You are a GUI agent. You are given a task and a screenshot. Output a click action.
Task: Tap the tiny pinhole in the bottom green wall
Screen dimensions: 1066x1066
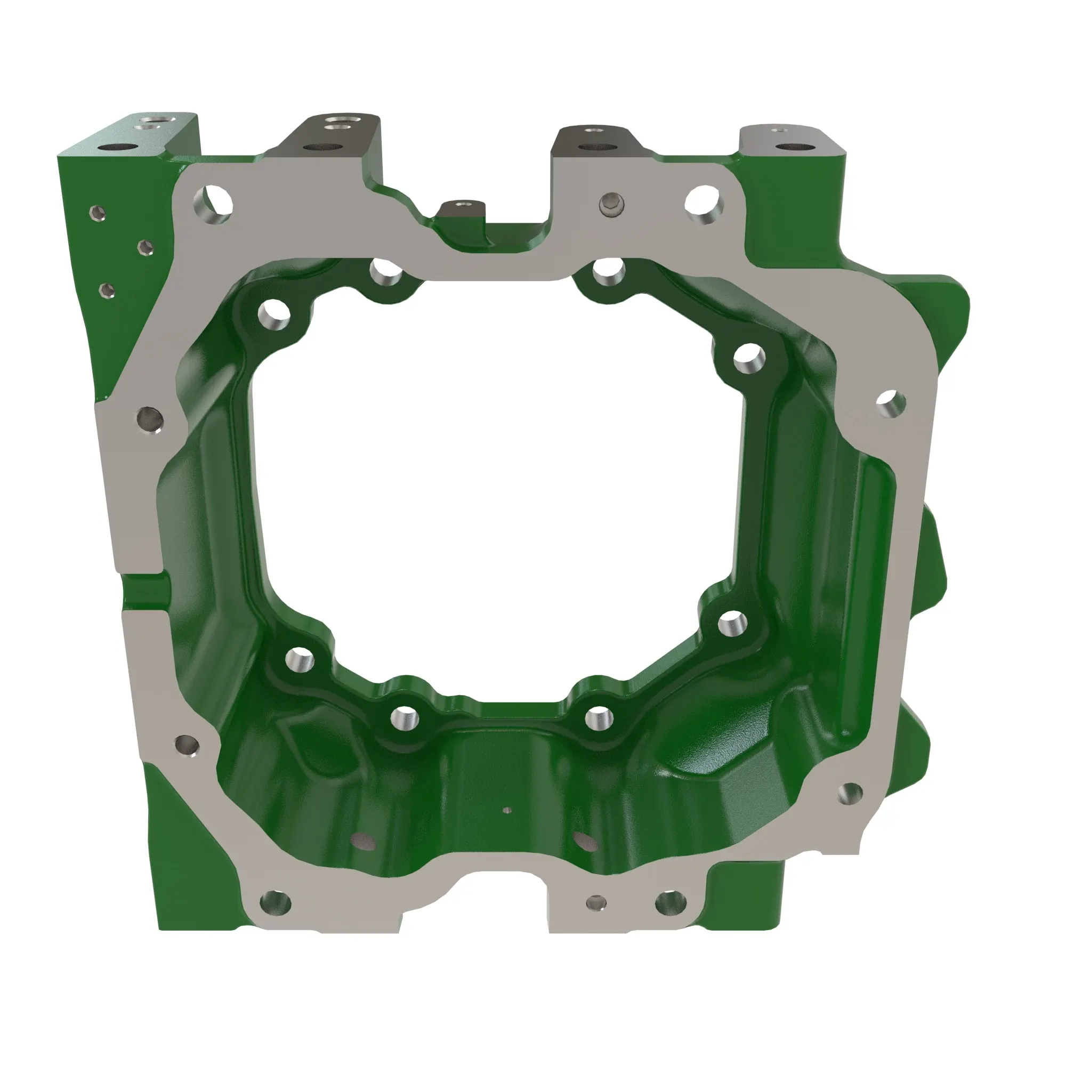tap(508, 811)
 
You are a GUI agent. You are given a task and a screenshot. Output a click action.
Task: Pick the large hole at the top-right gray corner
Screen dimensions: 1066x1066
tap(704, 205)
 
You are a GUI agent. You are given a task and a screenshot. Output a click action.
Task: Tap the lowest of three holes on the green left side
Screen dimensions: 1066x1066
tap(107, 289)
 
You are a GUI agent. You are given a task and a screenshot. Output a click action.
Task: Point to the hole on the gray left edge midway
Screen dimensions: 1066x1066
tap(150, 420)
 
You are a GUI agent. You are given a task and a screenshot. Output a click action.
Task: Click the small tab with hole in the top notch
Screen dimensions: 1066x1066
tap(462, 207)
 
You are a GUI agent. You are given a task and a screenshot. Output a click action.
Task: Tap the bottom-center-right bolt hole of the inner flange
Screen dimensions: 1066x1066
tap(598, 718)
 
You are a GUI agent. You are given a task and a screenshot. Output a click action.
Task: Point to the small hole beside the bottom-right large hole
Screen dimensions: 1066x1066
tap(595, 903)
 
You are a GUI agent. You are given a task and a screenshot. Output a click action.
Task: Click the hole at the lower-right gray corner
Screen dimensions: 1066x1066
tap(850, 793)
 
